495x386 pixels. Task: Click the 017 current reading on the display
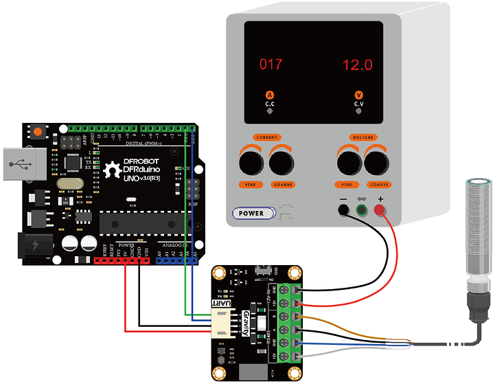[270, 65]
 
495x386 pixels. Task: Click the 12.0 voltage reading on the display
[358, 65]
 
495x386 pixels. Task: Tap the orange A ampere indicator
[270, 95]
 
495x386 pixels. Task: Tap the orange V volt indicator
[358, 95]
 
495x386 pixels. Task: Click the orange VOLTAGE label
[363, 137]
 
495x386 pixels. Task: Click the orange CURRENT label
[267, 137]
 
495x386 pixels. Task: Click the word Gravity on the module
[245, 323]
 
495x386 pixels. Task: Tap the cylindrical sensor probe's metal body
[476, 227]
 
